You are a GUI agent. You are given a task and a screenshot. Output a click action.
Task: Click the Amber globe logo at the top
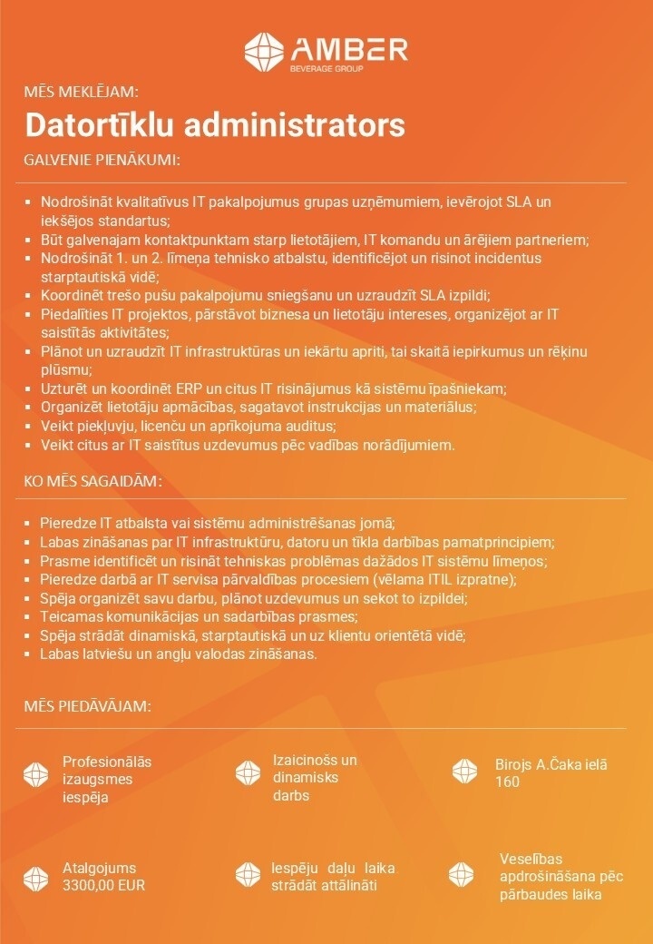click(x=263, y=52)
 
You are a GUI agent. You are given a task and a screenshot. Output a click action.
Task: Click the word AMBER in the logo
click(x=348, y=48)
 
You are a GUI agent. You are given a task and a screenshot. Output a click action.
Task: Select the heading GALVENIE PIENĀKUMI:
click(x=102, y=161)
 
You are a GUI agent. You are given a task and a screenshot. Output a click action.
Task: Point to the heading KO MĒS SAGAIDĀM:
click(x=93, y=479)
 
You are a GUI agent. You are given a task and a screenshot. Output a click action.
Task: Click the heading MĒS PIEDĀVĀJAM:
click(x=87, y=706)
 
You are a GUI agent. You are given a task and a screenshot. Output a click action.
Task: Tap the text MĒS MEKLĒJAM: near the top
click(x=81, y=91)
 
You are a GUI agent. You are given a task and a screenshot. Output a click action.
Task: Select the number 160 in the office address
click(x=507, y=782)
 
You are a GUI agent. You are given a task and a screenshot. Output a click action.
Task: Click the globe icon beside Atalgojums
click(x=35, y=876)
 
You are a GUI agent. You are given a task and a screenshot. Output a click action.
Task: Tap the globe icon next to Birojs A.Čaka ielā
click(x=464, y=772)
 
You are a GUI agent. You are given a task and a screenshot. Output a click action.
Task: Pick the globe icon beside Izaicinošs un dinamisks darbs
click(x=248, y=773)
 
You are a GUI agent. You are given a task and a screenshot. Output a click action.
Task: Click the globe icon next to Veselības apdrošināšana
click(x=461, y=875)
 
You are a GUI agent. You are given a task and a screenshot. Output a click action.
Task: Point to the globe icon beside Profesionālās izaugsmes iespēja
click(x=35, y=773)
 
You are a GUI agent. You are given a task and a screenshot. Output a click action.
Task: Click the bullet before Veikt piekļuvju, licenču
click(x=29, y=427)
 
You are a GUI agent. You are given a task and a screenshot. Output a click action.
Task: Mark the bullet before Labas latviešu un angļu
click(x=29, y=654)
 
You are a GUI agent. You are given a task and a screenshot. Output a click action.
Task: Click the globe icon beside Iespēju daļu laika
click(x=248, y=875)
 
